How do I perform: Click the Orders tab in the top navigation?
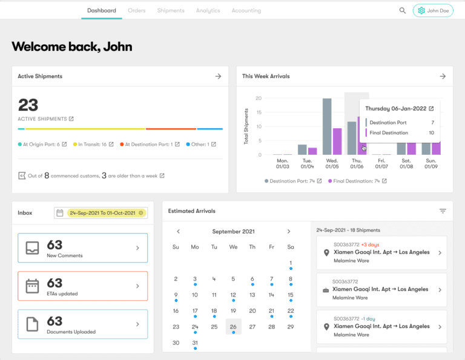click(x=137, y=10)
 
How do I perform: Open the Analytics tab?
click(x=208, y=10)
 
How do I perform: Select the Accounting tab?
click(x=246, y=10)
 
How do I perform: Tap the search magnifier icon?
click(x=403, y=10)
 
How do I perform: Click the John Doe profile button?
click(x=433, y=10)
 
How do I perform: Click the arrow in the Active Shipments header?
click(x=218, y=76)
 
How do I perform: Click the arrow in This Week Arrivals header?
click(x=443, y=76)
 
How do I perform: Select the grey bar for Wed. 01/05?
click(x=327, y=126)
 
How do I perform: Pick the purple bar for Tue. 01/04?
click(x=312, y=151)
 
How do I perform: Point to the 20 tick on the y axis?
click(x=259, y=98)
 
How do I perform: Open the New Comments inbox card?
click(x=82, y=247)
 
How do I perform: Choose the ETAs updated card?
click(x=82, y=286)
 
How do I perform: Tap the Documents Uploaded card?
click(x=82, y=324)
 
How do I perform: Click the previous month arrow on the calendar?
click(x=178, y=231)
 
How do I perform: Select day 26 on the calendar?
click(x=233, y=327)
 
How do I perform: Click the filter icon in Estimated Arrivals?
click(x=443, y=211)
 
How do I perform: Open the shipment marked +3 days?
click(x=381, y=252)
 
